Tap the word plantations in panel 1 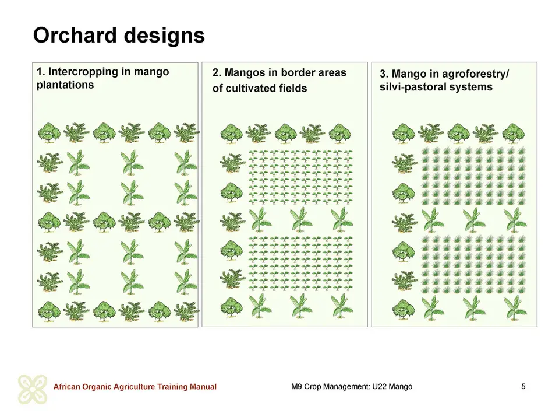pyautogui.click(x=65, y=85)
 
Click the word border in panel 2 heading pyautogui.click(x=298, y=72)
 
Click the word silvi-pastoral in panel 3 pyautogui.click(x=414, y=87)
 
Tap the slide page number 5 pyautogui.click(x=523, y=386)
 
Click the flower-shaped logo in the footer pyautogui.click(x=33, y=389)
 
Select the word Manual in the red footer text pyautogui.click(x=203, y=387)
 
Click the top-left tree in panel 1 pyautogui.click(x=49, y=133)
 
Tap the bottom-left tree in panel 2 pyautogui.click(x=232, y=308)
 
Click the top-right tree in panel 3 pyautogui.click(x=514, y=133)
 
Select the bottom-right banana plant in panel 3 pyautogui.click(x=515, y=308)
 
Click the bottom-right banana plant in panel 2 pyautogui.click(x=342, y=306)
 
